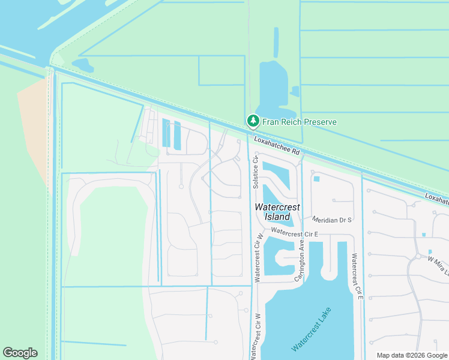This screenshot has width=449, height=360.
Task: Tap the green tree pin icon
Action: (x=253, y=121)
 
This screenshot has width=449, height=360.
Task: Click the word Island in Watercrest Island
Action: (x=277, y=216)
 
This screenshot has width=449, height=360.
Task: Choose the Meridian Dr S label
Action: (x=331, y=220)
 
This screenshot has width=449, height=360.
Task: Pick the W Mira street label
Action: (x=437, y=262)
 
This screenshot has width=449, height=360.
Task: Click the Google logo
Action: (x=20, y=353)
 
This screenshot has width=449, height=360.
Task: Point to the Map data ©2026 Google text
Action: (x=412, y=355)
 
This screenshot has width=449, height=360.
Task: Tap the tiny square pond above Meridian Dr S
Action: (x=316, y=178)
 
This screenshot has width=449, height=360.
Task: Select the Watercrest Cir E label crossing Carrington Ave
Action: (x=294, y=232)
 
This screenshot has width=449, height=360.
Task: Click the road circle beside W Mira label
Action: (x=418, y=256)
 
